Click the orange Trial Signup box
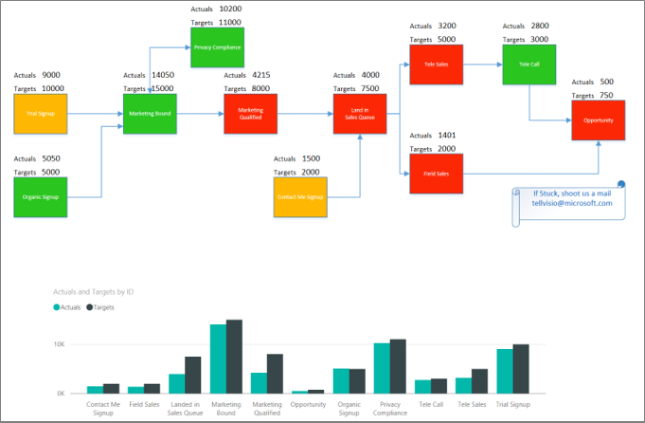pos(41,114)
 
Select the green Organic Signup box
pos(41,196)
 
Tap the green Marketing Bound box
pos(150,114)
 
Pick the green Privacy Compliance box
pos(217,47)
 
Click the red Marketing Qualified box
pos(251,114)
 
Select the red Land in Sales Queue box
pos(360,114)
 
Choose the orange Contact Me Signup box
pos(300,197)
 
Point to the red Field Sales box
pos(437,174)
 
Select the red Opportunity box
pos(599,120)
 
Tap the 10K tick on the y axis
pos(59,344)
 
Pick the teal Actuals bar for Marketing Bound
pos(218,359)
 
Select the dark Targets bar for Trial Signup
pos(521,368)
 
